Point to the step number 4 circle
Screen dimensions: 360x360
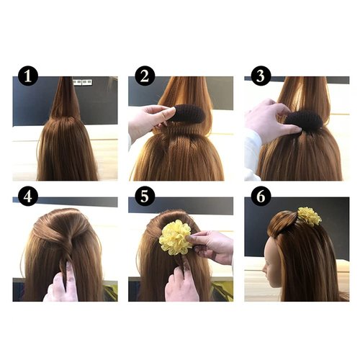(28, 196)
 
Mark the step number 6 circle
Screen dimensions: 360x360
(261, 196)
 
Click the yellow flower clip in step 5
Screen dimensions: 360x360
(176, 238)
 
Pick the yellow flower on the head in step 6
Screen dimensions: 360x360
(310, 215)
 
